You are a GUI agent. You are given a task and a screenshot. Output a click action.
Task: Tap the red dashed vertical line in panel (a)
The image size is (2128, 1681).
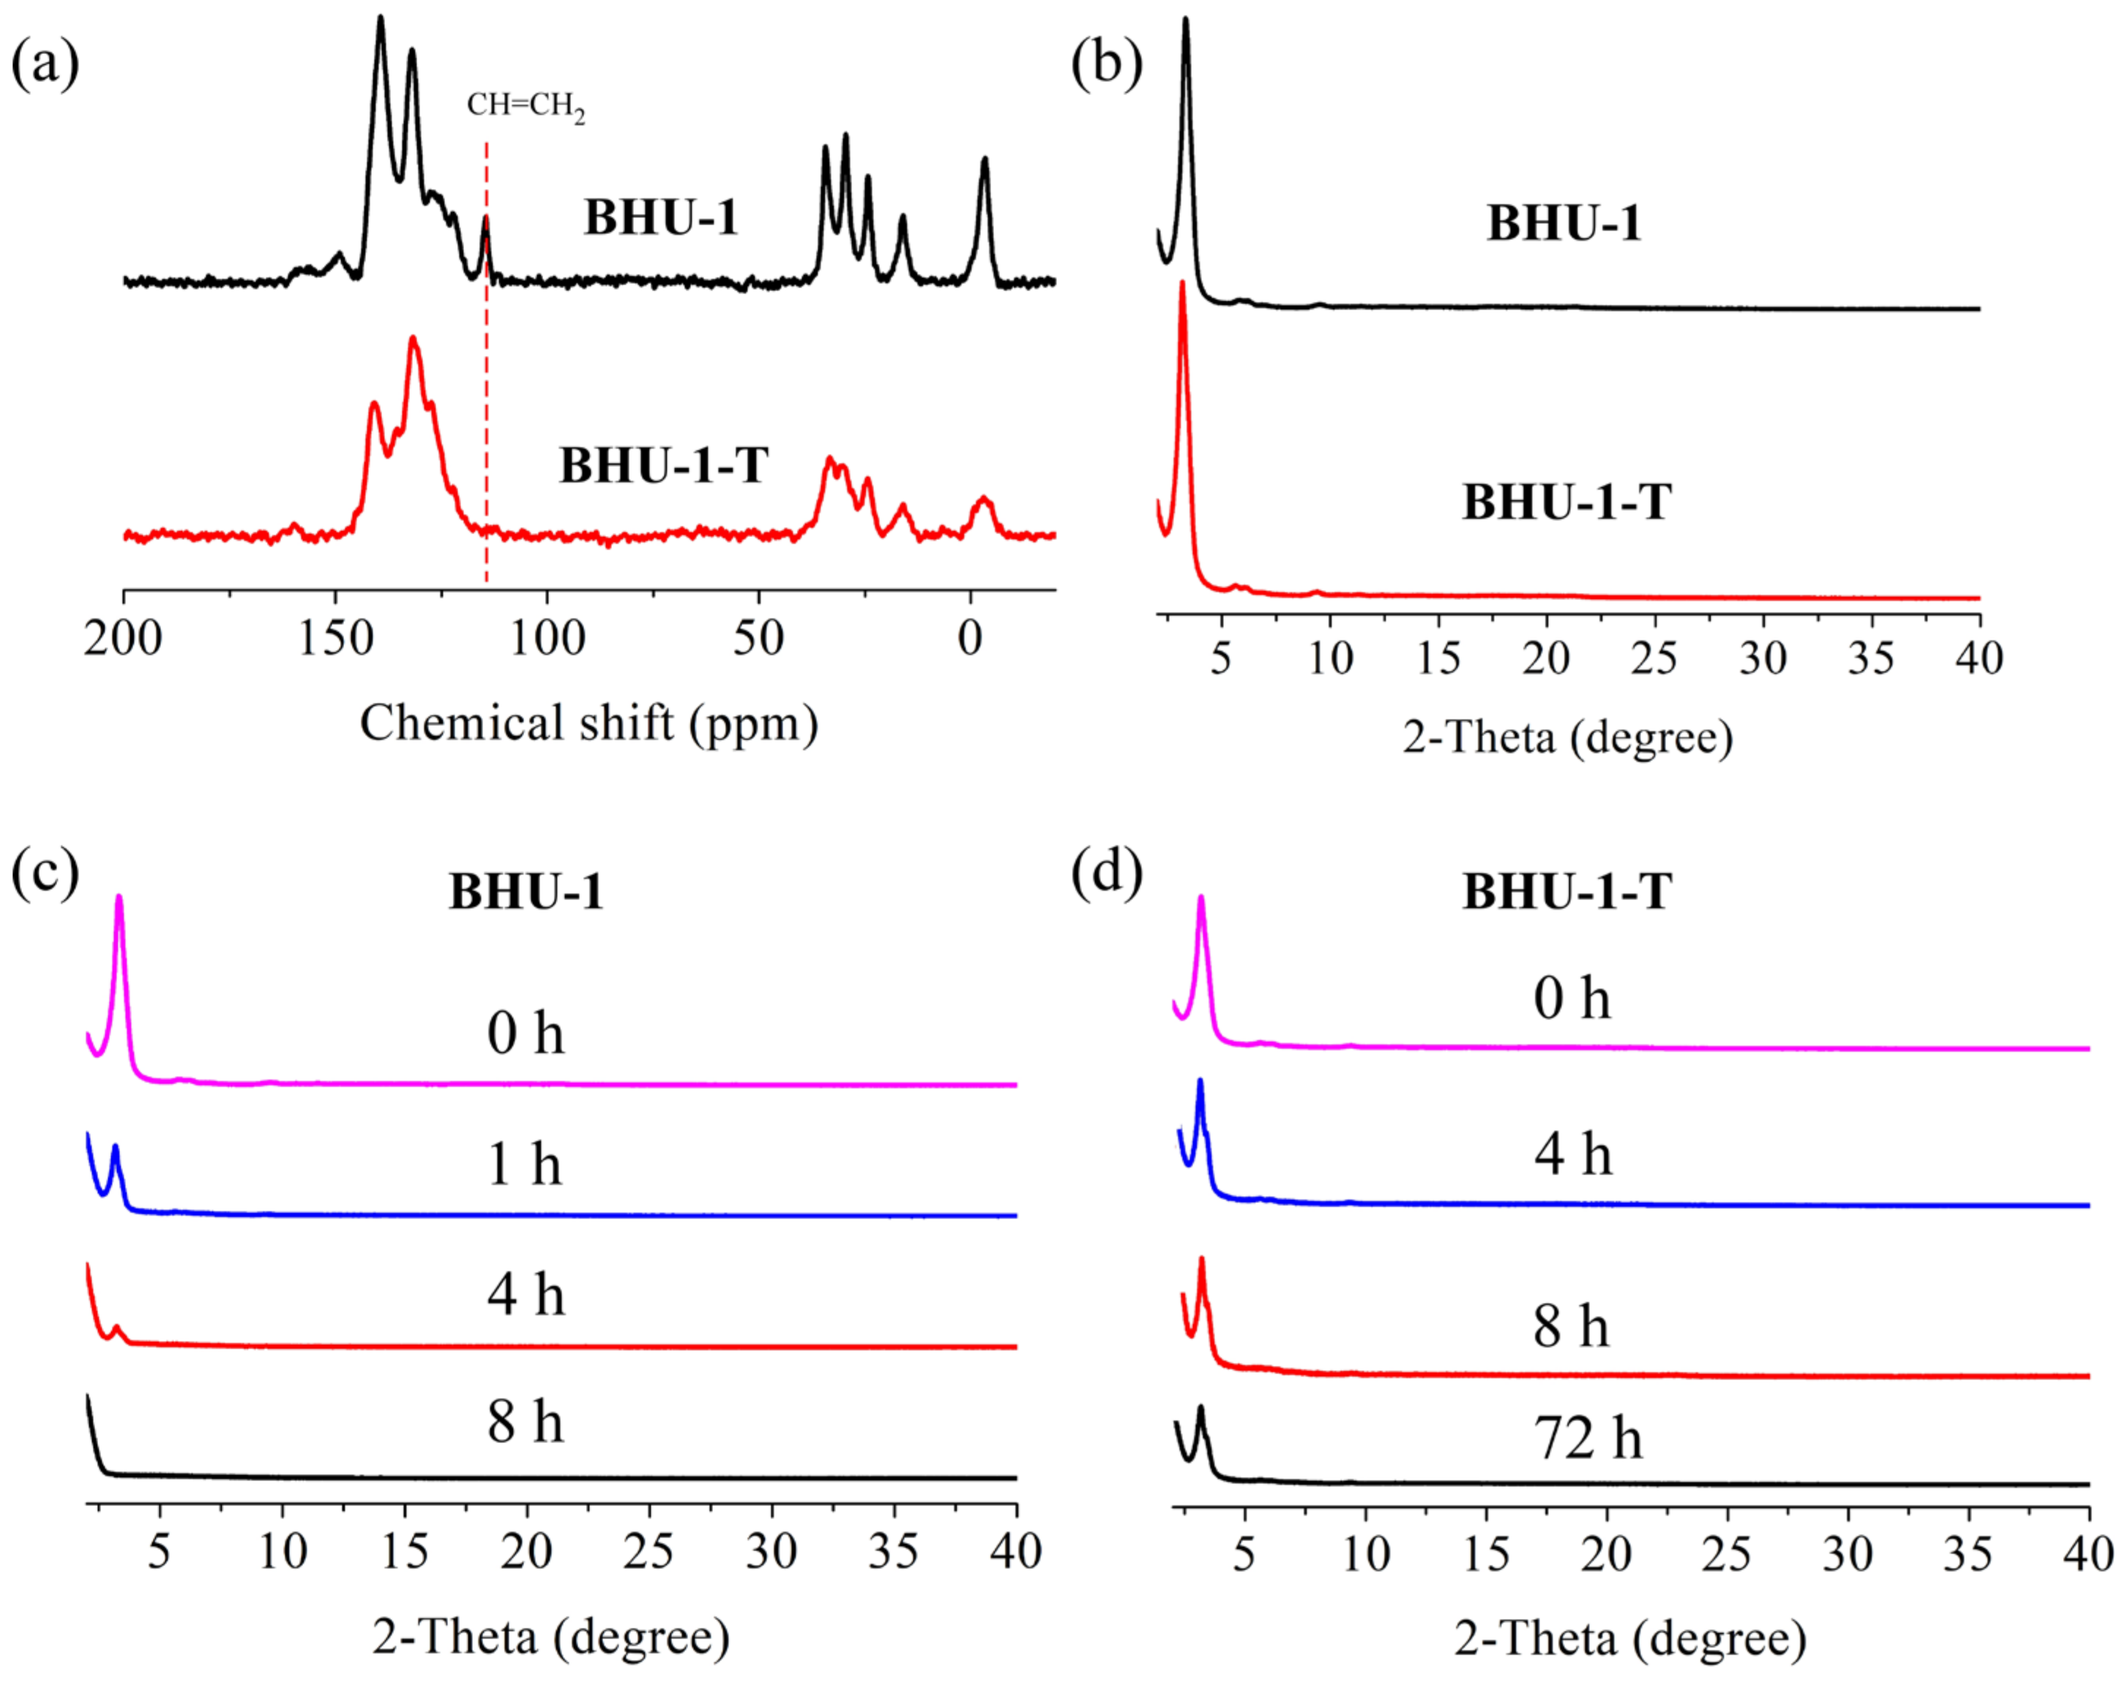pyautogui.click(x=486, y=394)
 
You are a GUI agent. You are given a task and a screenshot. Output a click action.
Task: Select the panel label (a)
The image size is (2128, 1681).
pyautogui.click(x=45, y=65)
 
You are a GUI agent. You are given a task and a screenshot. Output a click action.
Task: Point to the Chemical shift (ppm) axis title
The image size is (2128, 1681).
pyautogui.click(x=589, y=723)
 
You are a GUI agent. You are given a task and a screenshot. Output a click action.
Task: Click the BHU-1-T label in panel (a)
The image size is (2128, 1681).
pyautogui.click(x=663, y=465)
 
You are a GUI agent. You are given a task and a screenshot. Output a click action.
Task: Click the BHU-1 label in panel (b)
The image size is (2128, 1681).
pyautogui.click(x=1564, y=223)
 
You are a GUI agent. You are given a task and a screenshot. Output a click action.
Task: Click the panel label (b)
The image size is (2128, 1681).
pyautogui.click(x=1105, y=65)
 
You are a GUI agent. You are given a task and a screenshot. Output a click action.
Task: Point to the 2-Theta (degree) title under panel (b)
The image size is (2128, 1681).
pyautogui.click(x=1567, y=737)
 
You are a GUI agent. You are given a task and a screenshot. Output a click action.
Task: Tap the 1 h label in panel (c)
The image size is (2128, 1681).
pyautogui.click(x=526, y=1164)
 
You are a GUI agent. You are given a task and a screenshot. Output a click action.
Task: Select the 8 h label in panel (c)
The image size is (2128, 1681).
pyautogui.click(x=526, y=1423)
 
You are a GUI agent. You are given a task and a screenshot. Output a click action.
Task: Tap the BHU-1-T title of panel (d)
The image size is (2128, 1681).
pyautogui.click(x=1566, y=891)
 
